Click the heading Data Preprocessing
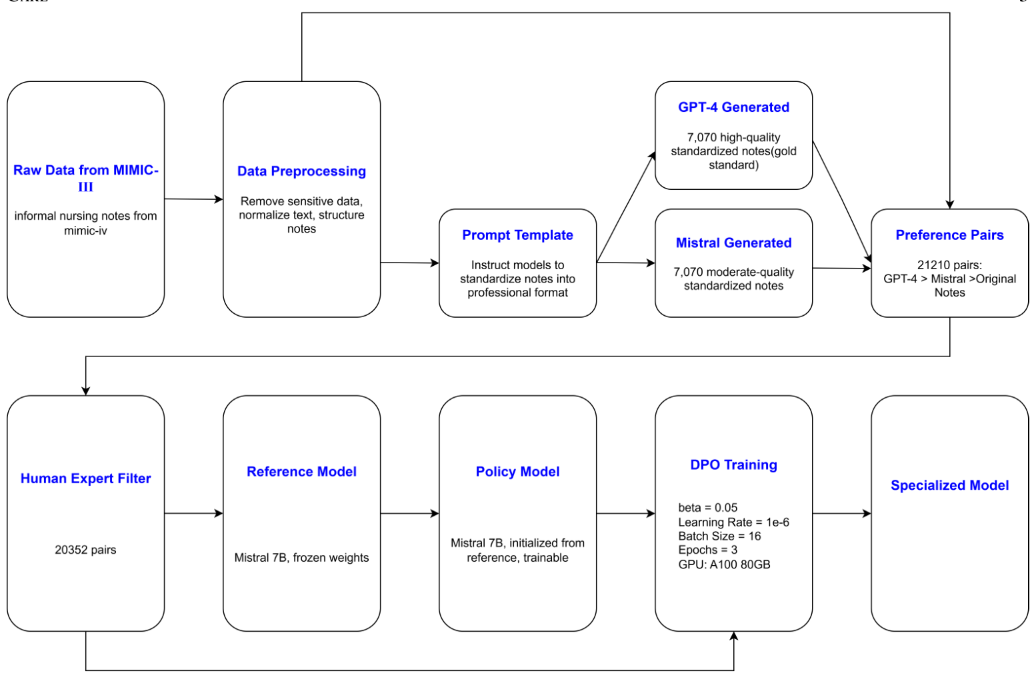tap(301, 171)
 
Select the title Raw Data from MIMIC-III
tap(85, 178)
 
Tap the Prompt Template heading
tap(517, 235)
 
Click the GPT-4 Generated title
tap(733, 107)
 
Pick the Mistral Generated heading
tap(733, 243)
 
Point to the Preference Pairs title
tap(949, 235)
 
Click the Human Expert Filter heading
tap(85, 478)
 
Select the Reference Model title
tap(301, 472)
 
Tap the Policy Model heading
tap(517, 472)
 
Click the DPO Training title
tap(733, 465)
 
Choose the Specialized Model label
tap(949, 485)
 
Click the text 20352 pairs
tap(85, 550)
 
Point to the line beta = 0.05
tap(707, 508)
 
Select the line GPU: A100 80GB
tap(724, 564)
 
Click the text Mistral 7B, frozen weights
tap(301, 558)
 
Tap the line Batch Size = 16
tap(719, 536)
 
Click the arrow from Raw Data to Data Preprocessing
tap(193, 199)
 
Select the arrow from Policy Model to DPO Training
tap(625, 514)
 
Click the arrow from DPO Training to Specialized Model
tap(841, 514)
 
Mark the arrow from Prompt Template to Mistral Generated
tap(625, 263)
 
